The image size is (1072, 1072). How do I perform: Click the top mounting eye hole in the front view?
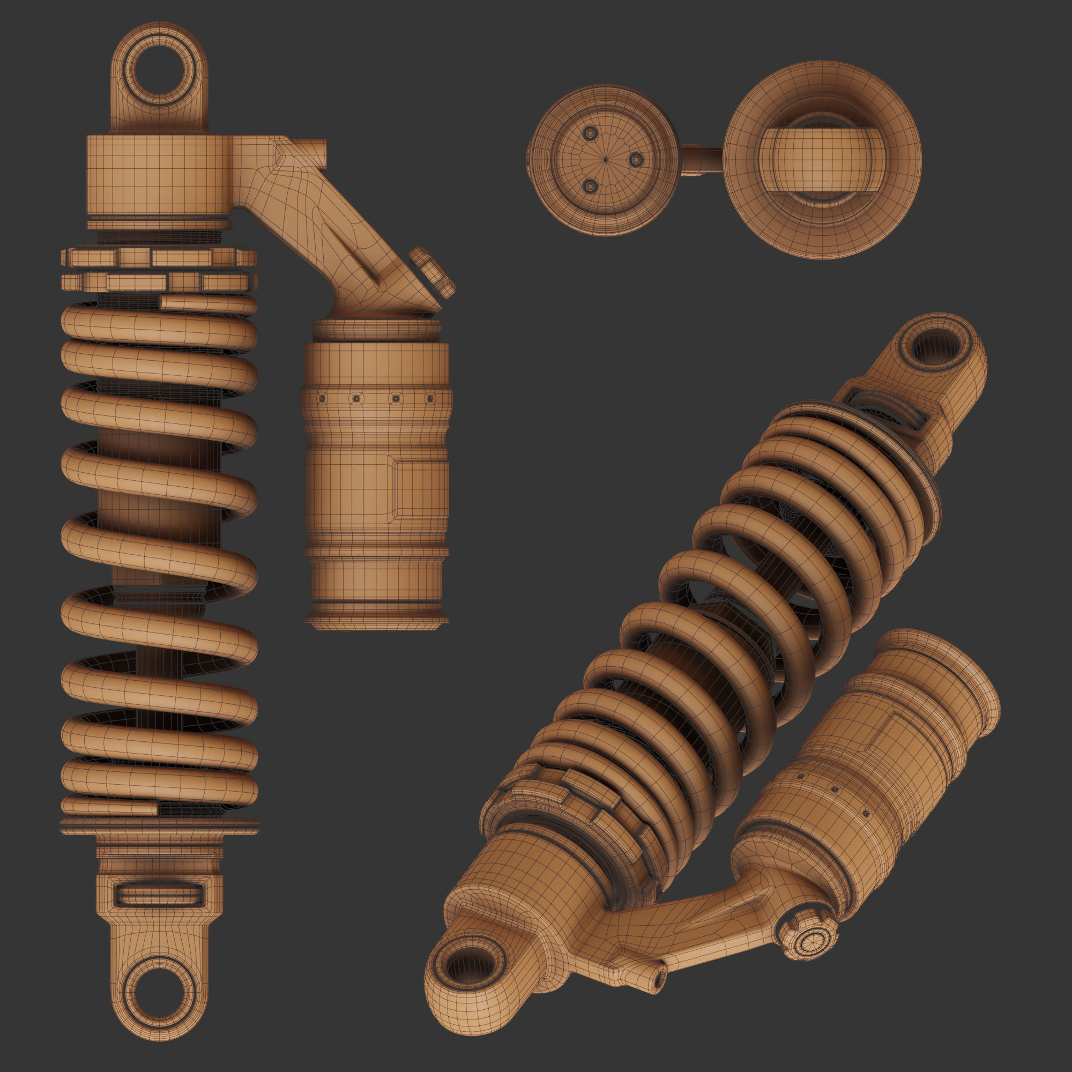pos(160,74)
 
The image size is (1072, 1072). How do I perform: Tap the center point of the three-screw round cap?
pos(605,160)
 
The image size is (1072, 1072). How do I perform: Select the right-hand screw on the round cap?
pos(635,160)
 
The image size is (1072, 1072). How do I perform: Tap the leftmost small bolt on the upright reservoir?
pos(322,398)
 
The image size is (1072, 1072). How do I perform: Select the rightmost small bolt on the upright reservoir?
pos(429,398)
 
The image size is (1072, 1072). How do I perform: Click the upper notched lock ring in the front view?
pos(159,257)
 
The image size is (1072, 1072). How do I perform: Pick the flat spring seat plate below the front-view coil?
pos(159,826)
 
